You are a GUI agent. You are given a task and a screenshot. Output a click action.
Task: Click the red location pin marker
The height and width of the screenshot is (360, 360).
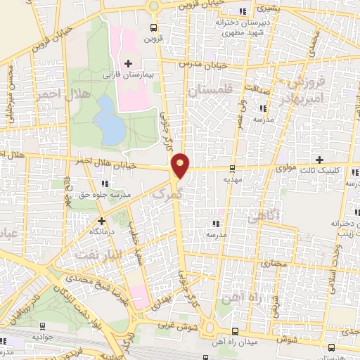[x=181, y=165]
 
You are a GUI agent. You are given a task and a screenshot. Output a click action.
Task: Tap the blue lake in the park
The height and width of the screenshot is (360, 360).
[x=109, y=118]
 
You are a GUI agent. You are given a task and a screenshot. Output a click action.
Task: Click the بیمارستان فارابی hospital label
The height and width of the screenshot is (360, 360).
[x=129, y=73]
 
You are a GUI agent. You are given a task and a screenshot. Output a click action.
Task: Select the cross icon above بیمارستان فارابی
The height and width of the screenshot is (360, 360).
[x=128, y=63]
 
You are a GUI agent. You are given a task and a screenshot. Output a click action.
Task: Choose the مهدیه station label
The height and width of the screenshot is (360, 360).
[x=233, y=179]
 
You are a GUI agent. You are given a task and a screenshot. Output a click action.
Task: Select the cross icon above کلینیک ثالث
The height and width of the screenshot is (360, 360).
[x=321, y=160]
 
